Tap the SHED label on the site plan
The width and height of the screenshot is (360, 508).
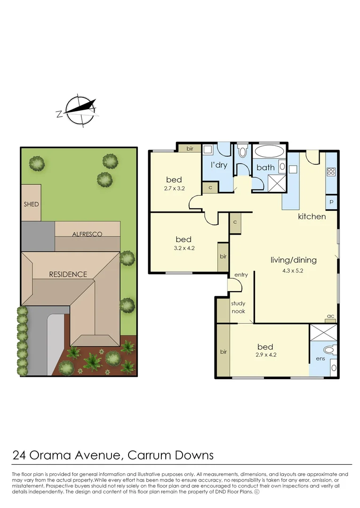pyautogui.click(x=31, y=204)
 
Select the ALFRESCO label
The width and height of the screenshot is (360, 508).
pyautogui.click(x=87, y=234)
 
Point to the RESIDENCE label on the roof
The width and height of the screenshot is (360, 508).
pyautogui.click(x=68, y=274)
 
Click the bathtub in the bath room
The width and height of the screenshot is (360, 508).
pyautogui.click(x=269, y=151)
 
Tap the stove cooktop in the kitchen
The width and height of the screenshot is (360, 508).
pyautogui.click(x=331, y=171)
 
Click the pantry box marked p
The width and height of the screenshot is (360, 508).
pyautogui.click(x=331, y=202)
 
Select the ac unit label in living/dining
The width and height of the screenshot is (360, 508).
pyautogui.click(x=330, y=316)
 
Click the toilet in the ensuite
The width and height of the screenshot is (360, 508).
pyautogui.click(x=329, y=350)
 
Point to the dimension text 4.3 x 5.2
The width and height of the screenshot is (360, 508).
pyautogui.click(x=293, y=270)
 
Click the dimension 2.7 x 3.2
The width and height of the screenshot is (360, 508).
pyautogui.click(x=174, y=188)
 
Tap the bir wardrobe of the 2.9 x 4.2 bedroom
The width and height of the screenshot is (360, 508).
pyautogui.click(x=223, y=350)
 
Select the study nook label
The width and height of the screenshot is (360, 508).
pyautogui.click(x=238, y=307)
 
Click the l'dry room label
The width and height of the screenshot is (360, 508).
pyautogui.click(x=219, y=165)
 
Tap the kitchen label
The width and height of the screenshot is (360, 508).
pyautogui.click(x=312, y=216)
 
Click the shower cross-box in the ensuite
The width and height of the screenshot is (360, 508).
pyautogui.click(x=323, y=333)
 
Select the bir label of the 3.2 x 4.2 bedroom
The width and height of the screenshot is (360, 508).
pyautogui.click(x=223, y=256)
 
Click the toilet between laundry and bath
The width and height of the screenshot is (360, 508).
pyautogui.click(x=242, y=151)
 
